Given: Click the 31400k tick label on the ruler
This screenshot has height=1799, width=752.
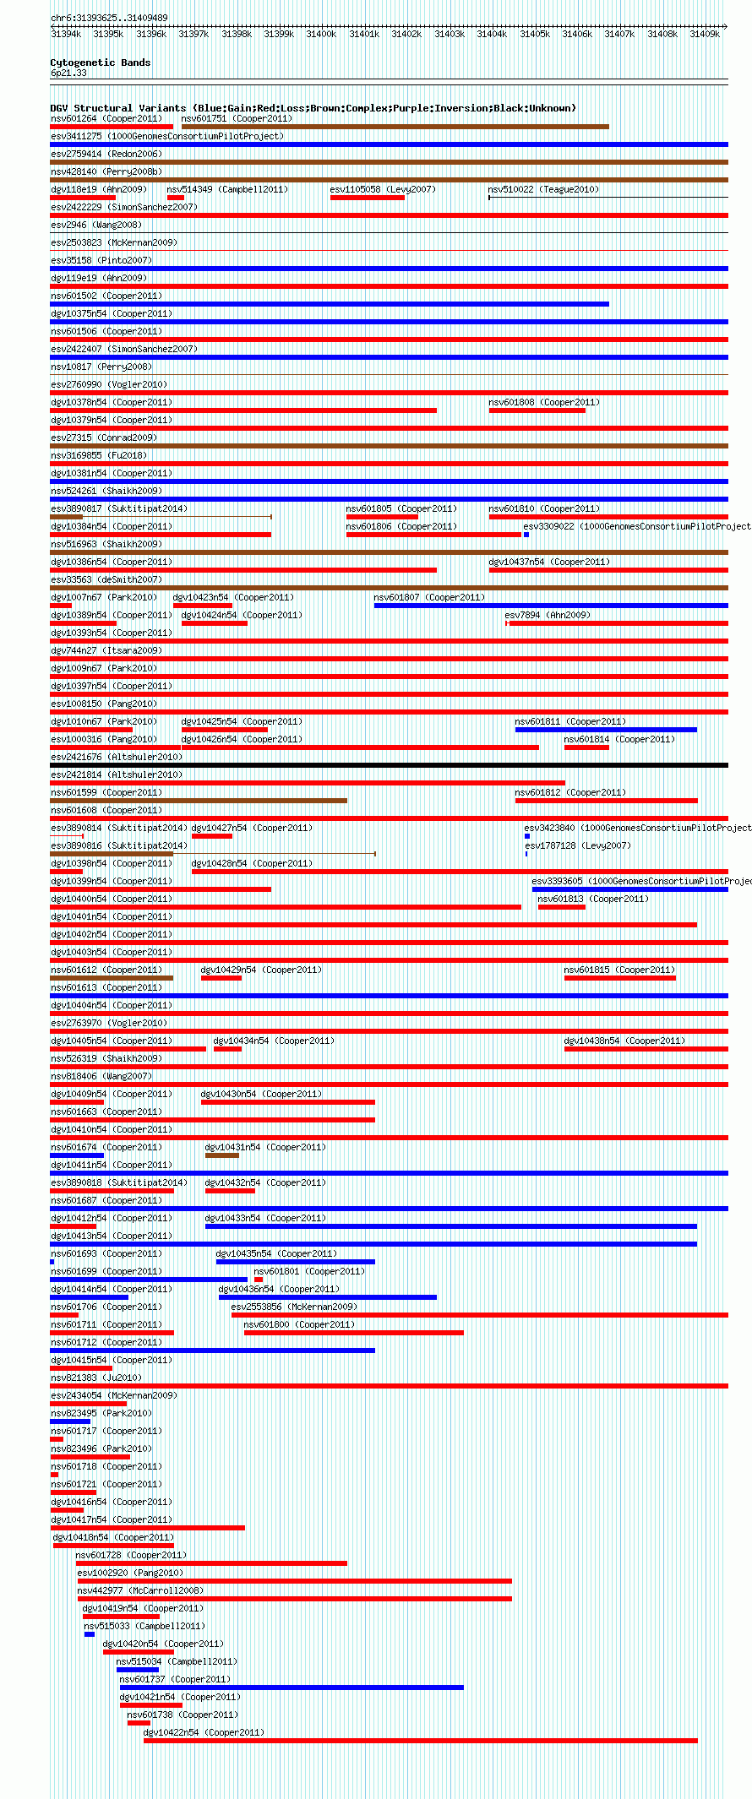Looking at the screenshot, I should [x=321, y=35].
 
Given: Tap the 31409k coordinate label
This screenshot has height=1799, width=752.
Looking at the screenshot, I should [x=705, y=35].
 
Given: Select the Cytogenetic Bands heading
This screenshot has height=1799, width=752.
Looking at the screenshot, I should [x=100, y=63].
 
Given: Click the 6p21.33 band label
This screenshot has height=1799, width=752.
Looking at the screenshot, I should [x=68, y=73].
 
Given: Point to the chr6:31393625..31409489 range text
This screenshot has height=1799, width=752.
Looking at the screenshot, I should [x=109, y=18].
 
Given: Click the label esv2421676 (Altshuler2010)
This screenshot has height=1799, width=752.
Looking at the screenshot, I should [x=116, y=757].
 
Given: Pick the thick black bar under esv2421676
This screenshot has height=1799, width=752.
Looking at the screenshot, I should [x=389, y=765].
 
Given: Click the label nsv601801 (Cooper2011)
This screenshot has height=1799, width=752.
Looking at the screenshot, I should [x=309, y=1271].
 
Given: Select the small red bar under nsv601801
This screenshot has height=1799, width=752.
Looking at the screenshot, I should [x=259, y=1280].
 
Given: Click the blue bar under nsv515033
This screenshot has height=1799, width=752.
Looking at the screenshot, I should [x=90, y=1634].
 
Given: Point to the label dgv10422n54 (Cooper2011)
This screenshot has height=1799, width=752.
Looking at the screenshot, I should [x=203, y=1732].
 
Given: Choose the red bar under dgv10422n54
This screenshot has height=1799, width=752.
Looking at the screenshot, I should [x=421, y=1741].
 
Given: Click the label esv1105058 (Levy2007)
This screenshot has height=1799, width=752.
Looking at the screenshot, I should [x=383, y=189].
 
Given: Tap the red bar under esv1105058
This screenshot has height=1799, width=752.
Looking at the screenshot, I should [x=368, y=198].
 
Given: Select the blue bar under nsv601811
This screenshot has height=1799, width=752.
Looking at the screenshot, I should [x=606, y=730].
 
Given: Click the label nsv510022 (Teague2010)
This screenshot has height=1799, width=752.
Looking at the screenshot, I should [x=543, y=189].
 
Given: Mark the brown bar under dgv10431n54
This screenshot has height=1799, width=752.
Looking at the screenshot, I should [x=222, y=1155].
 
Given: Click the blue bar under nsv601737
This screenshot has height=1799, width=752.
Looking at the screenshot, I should [x=292, y=1688].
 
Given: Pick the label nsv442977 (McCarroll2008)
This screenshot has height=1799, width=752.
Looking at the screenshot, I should [x=140, y=1590].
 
